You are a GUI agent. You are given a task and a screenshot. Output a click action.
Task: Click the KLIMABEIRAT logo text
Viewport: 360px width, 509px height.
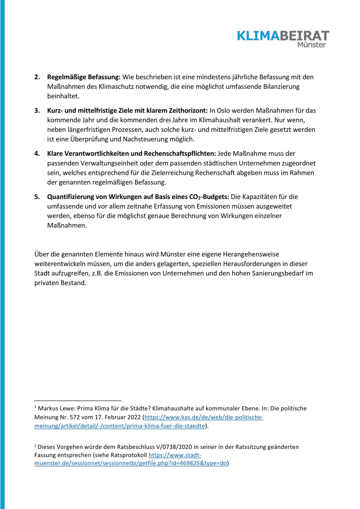pyautogui.click(x=283, y=36)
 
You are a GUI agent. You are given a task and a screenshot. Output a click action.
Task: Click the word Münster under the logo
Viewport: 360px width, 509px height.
pyautogui.click(x=311, y=45)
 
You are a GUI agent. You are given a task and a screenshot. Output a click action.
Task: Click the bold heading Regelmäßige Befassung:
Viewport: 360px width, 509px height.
pyautogui.click(x=84, y=77)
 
